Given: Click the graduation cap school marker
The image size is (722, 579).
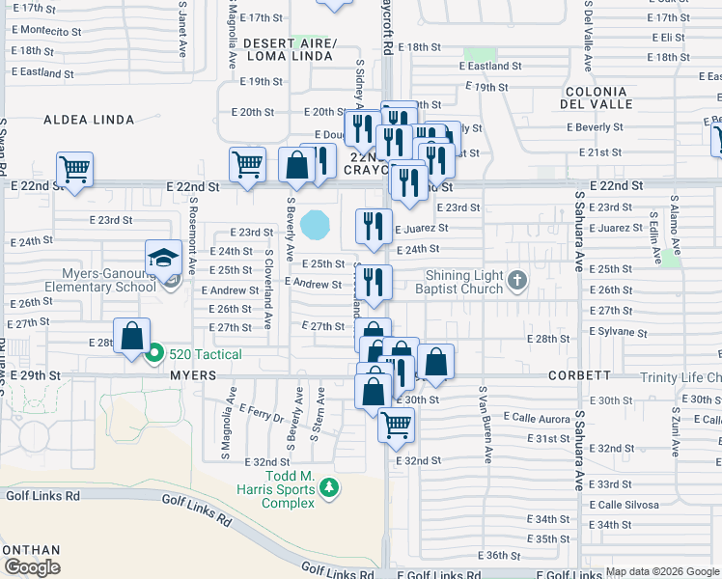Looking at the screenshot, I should (164, 258).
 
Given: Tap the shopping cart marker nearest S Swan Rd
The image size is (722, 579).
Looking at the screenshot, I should (74, 169).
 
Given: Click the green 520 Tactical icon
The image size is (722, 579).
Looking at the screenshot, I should (153, 353).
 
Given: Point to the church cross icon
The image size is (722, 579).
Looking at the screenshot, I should (517, 282).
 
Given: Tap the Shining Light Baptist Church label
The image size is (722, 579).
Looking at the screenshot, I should (458, 282).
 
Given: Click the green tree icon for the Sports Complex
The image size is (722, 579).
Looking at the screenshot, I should (330, 489).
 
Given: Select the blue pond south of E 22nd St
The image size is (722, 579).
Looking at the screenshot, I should (314, 226).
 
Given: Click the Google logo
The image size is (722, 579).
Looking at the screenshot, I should (32, 567).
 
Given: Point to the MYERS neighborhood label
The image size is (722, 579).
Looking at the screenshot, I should (191, 374).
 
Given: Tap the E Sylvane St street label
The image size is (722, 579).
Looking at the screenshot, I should (619, 330).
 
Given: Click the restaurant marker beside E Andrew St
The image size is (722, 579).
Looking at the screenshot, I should (374, 283).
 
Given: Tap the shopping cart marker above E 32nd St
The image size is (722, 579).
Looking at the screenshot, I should (396, 425).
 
